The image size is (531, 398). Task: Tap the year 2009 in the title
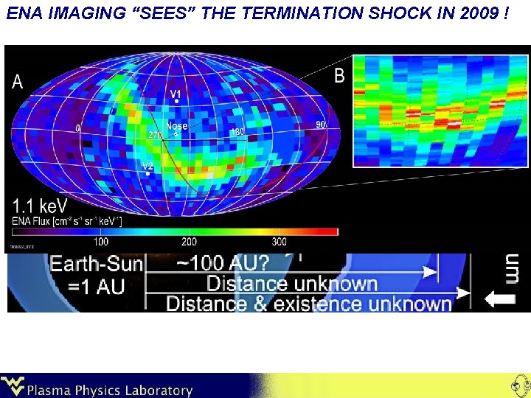pos(473,14)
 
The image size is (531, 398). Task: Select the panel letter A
pos(18,83)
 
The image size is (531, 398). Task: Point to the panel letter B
pos(339,76)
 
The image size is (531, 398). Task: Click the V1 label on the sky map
pos(176,94)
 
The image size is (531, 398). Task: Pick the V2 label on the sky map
pos(148,166)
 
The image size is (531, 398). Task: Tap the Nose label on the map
pos(177,126)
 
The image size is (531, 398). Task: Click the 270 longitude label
pos(155,136)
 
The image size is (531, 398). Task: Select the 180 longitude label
pos(237,132)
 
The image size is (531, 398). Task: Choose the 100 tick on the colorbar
pos(101,242)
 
